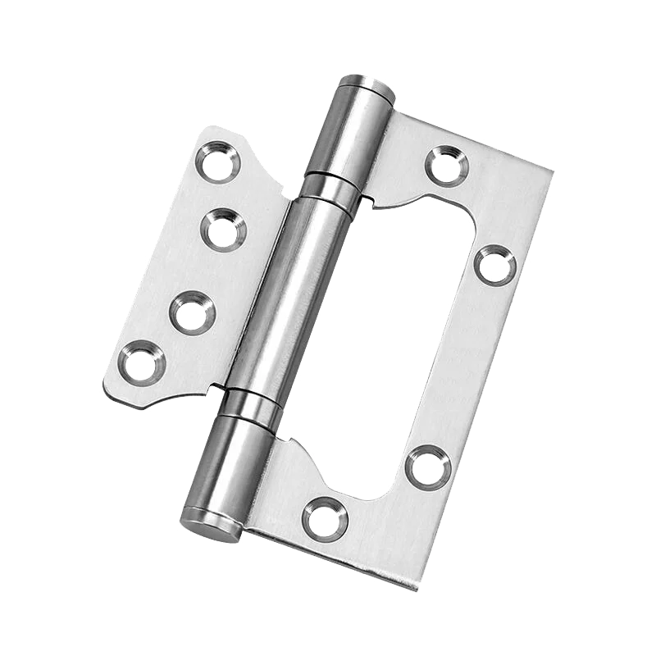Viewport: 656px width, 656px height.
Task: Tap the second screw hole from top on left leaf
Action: click(222, 230)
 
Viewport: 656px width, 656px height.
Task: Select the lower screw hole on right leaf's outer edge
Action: click(427, 467)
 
